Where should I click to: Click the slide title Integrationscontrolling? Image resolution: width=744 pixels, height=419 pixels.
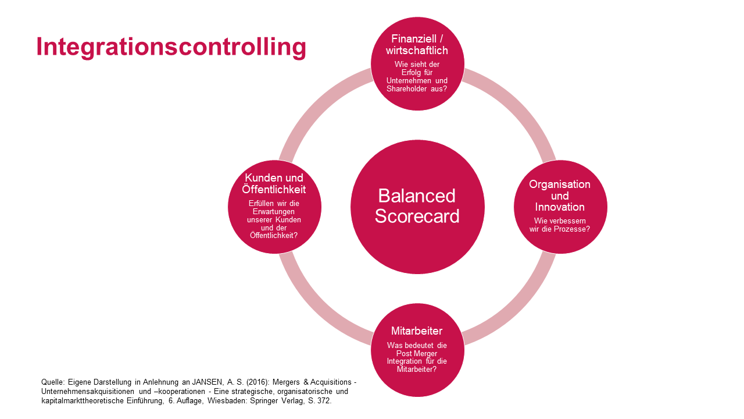click(x=171, y=47)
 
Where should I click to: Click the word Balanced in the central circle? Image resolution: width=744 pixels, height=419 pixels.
click(x=417, y=195)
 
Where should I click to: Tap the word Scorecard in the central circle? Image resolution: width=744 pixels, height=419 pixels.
click(x=417, y=216)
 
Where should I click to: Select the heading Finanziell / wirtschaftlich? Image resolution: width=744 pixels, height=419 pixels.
click(x=417, y=45)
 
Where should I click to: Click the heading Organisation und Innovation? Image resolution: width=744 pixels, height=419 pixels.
click(x=560, y=196)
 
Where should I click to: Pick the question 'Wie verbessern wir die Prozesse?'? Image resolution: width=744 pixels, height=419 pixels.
click(x=560, y=225)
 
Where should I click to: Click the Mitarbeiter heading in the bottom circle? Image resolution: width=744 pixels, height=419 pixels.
click(x=417, y=331)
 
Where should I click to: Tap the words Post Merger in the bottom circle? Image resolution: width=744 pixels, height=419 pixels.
click(x=417, y=353)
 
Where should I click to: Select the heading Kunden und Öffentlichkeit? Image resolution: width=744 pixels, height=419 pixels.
click(x=274, y=184)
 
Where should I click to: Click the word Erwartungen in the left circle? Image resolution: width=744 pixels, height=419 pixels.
click(x=274, y=212)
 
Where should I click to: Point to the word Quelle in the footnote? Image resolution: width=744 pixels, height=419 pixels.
click(x=53, y=382)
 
